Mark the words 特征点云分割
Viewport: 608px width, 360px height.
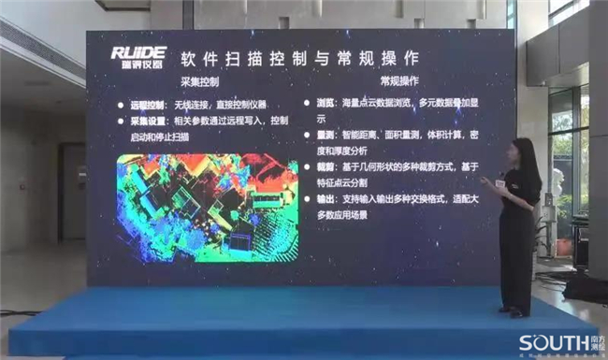345,184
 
